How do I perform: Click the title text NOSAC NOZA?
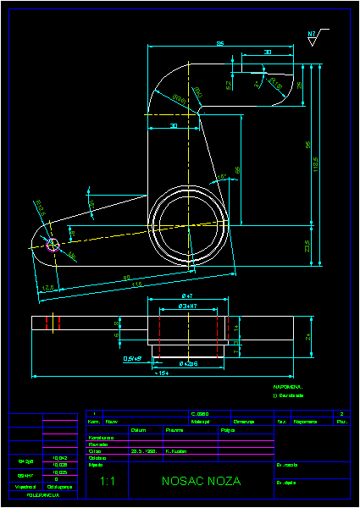coord(201,481)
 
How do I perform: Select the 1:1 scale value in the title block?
coord(108,481)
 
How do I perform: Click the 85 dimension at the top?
coord(219,43)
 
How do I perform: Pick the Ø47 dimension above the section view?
coord(188,295)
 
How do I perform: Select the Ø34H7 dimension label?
coord(188,306)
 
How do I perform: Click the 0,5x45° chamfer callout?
coord(132,358)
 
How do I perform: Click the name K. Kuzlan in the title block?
coord(176,451)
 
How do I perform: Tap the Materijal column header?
coord(201,421)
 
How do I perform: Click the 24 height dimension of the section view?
coord(308,337)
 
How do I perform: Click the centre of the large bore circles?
coord(187,224)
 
